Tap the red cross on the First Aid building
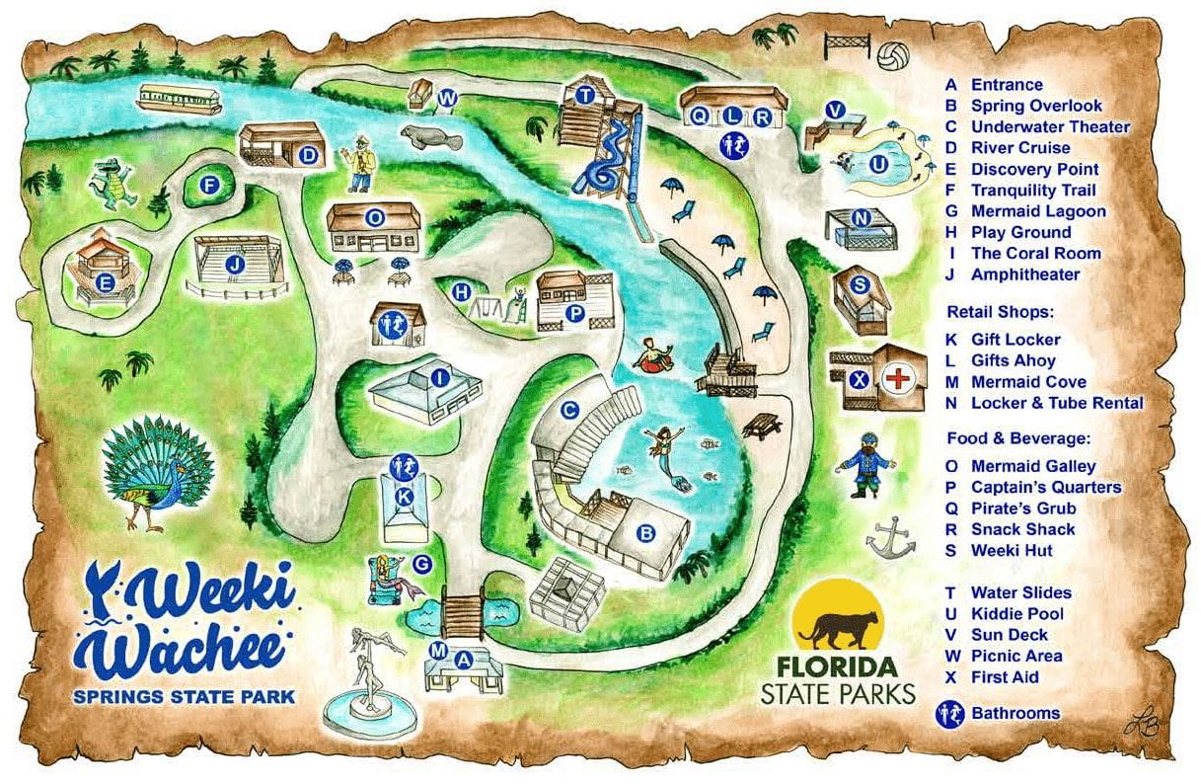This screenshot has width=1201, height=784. pyautogui.click(x=897, y=377)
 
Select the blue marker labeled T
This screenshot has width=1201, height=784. pyautogui.click(x=584, y=96)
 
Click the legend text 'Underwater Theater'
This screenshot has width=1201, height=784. pyautogui.click(x=1050, y=126)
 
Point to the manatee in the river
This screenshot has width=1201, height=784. pyautogui.click(x=430, y=136)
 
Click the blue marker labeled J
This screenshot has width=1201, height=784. pyautogui.click(x=234, y=265)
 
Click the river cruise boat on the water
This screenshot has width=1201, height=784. pyautogui.click(x=179, y=98)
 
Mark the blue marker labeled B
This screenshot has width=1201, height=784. pyautogui.click(x=646, y=534)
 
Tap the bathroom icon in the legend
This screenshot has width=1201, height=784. pyautogui.click(x=951, y=713)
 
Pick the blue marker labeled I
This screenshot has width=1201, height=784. pyautogui.click(x=440, y=376)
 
